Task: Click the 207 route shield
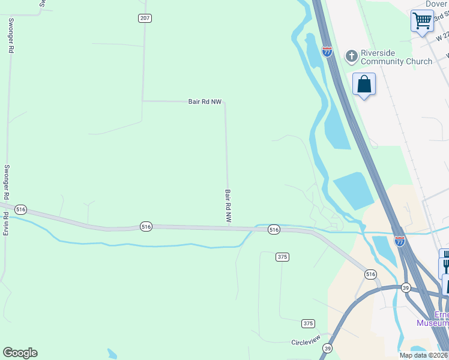point(145,18)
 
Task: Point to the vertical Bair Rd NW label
point(228,206)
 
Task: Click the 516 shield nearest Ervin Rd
point(21,209)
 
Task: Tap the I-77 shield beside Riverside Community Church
point(327,52)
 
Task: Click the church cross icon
point(351,56)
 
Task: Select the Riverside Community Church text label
point(396,57)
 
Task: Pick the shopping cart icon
point(422,20)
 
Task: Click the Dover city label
point(437,4)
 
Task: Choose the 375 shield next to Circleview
point(308,323)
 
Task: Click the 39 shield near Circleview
point(328,348)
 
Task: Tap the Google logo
point(20,353)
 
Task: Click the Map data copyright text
point(424,355)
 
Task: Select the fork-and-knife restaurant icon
point(445,262)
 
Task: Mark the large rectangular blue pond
point(355,190)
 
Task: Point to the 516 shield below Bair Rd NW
point(146,226)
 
